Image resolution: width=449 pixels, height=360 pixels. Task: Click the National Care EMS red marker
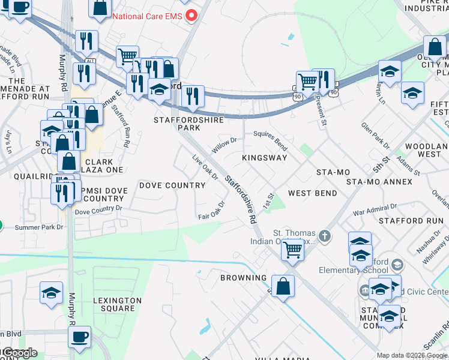click(192, 15)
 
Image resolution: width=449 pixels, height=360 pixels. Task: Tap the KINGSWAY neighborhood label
click(264, 158)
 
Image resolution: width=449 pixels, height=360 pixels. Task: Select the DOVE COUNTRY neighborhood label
click(172, 185)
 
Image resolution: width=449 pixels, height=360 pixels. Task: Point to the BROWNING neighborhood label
click(243, 278)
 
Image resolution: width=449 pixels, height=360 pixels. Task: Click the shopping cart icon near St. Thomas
click(292, 248)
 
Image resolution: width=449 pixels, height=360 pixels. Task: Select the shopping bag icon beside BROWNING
click(283, 286)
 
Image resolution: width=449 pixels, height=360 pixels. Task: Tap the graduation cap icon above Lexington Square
click(51, 293)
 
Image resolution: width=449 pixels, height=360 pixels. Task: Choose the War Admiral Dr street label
click(374, 209)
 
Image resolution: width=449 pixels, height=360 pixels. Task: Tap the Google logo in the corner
click(19, 353)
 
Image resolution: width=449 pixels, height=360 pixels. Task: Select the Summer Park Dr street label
click(39, 227)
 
